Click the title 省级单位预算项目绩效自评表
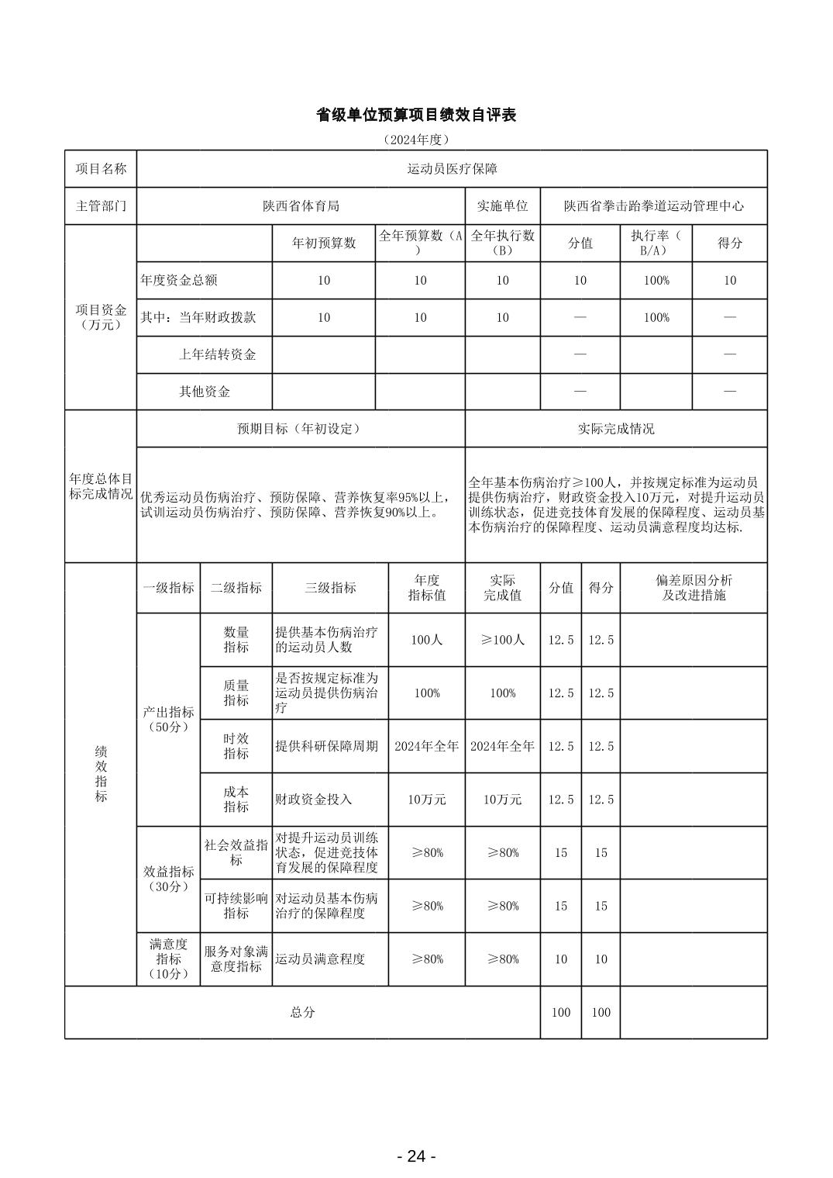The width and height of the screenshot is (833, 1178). pyautogui.click(x=416, y=115)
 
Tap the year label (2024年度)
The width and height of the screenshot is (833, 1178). pyautogui.click(x=416, y=140)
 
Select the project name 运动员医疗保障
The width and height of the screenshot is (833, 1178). pyautogui.click(x=452, y=168)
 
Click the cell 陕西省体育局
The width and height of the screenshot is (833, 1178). pyautogui.click(x=301, y=206)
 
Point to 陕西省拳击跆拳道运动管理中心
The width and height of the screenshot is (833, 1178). pyautogui.click(x=653, y=206)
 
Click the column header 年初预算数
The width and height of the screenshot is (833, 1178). pyautogui.click(x=324, y=243)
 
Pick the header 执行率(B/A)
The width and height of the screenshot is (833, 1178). pyautogui.click(x=656, y=243)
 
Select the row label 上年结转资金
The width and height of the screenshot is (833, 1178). pyautogui.click(x=217, y=354)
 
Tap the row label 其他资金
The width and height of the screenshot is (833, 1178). pyautogui.click(x=205, y=392)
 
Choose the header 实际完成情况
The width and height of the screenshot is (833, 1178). pyautogui.click(x=616, y=428)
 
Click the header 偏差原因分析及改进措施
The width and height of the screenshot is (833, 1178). pyautogui.click(x=694, y=588)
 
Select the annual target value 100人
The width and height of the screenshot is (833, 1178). pyautogui.click(x=426, y=640)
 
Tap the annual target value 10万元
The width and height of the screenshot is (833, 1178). pyautogui.click(x=426, y=799)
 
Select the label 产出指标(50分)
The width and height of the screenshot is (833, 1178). pyautogui.click(x=168, y=719)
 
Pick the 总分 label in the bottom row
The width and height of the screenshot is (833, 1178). pyautogui.click(x=302, y=1012)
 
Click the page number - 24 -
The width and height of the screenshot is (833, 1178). pyautogui.click(x=416, y=1156)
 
